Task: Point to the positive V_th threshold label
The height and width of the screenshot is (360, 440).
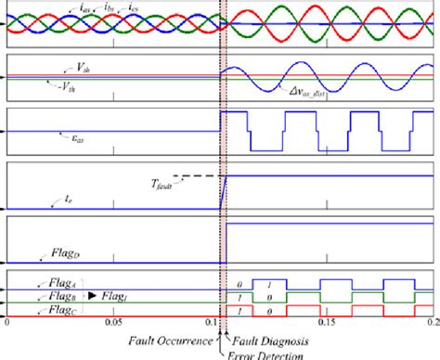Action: point(58,68)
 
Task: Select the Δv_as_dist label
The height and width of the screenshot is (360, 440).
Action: point(303,91)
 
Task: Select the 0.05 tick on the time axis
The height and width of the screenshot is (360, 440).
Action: point(113,325)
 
